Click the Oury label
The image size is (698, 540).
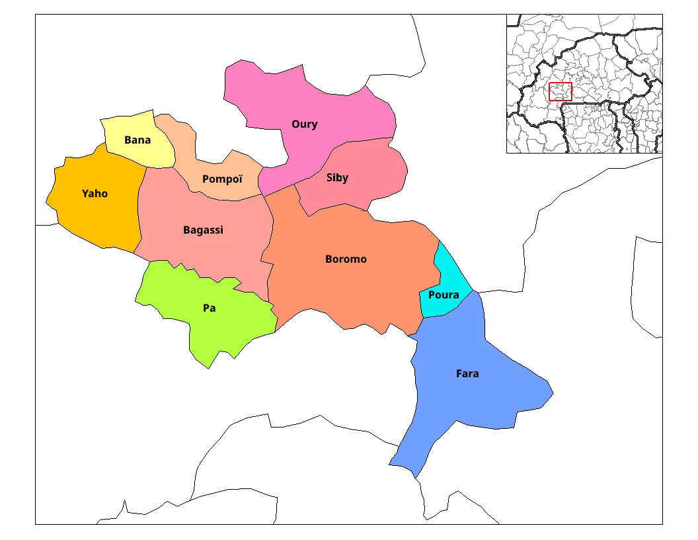[x=305, y=124]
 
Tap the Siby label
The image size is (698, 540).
[x=337, y=178]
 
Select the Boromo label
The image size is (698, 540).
[x=346, y=259]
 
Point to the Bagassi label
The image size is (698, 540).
[x=203, y=230]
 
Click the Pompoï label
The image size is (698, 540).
[x=223, y=179]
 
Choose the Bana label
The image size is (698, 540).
[x=137, y=140]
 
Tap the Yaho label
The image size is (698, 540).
[x=95, y=194]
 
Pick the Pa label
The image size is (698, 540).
[x=210, y=308]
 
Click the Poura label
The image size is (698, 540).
[x=444, y=295]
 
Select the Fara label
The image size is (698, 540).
[x=467, y=374]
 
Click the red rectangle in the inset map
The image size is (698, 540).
[x=560, y=92]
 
